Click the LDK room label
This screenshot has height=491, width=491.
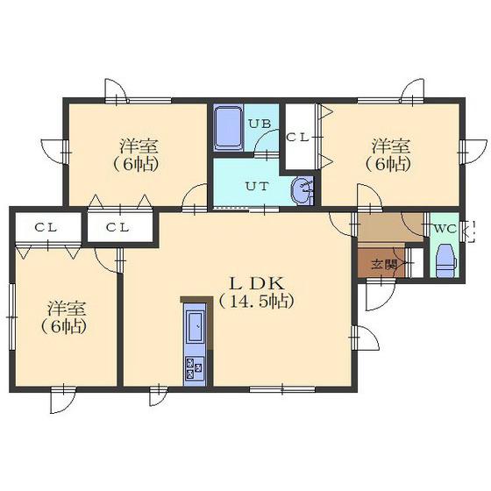coord(257,284)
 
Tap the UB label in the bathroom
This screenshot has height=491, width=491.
coord(260,124)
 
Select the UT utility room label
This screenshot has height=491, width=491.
coord(257,187)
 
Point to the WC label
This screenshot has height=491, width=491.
coord(445,229)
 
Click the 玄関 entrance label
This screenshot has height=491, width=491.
coord(384,265)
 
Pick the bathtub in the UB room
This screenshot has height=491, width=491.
coord(228,128)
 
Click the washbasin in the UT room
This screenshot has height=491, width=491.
coord(302,190)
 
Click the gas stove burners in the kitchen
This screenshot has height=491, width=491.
coord(195,368)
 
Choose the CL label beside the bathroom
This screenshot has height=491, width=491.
coord(298,138)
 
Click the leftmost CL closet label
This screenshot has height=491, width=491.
coord(46,228)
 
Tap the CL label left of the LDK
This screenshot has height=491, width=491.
coord(117,228)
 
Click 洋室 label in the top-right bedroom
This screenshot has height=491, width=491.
coord(391,146)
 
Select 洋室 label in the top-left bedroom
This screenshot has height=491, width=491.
coord(139,146)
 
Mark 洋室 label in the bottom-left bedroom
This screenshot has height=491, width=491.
coord(67,309)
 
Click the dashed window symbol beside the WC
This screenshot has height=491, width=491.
coord(470,231)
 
